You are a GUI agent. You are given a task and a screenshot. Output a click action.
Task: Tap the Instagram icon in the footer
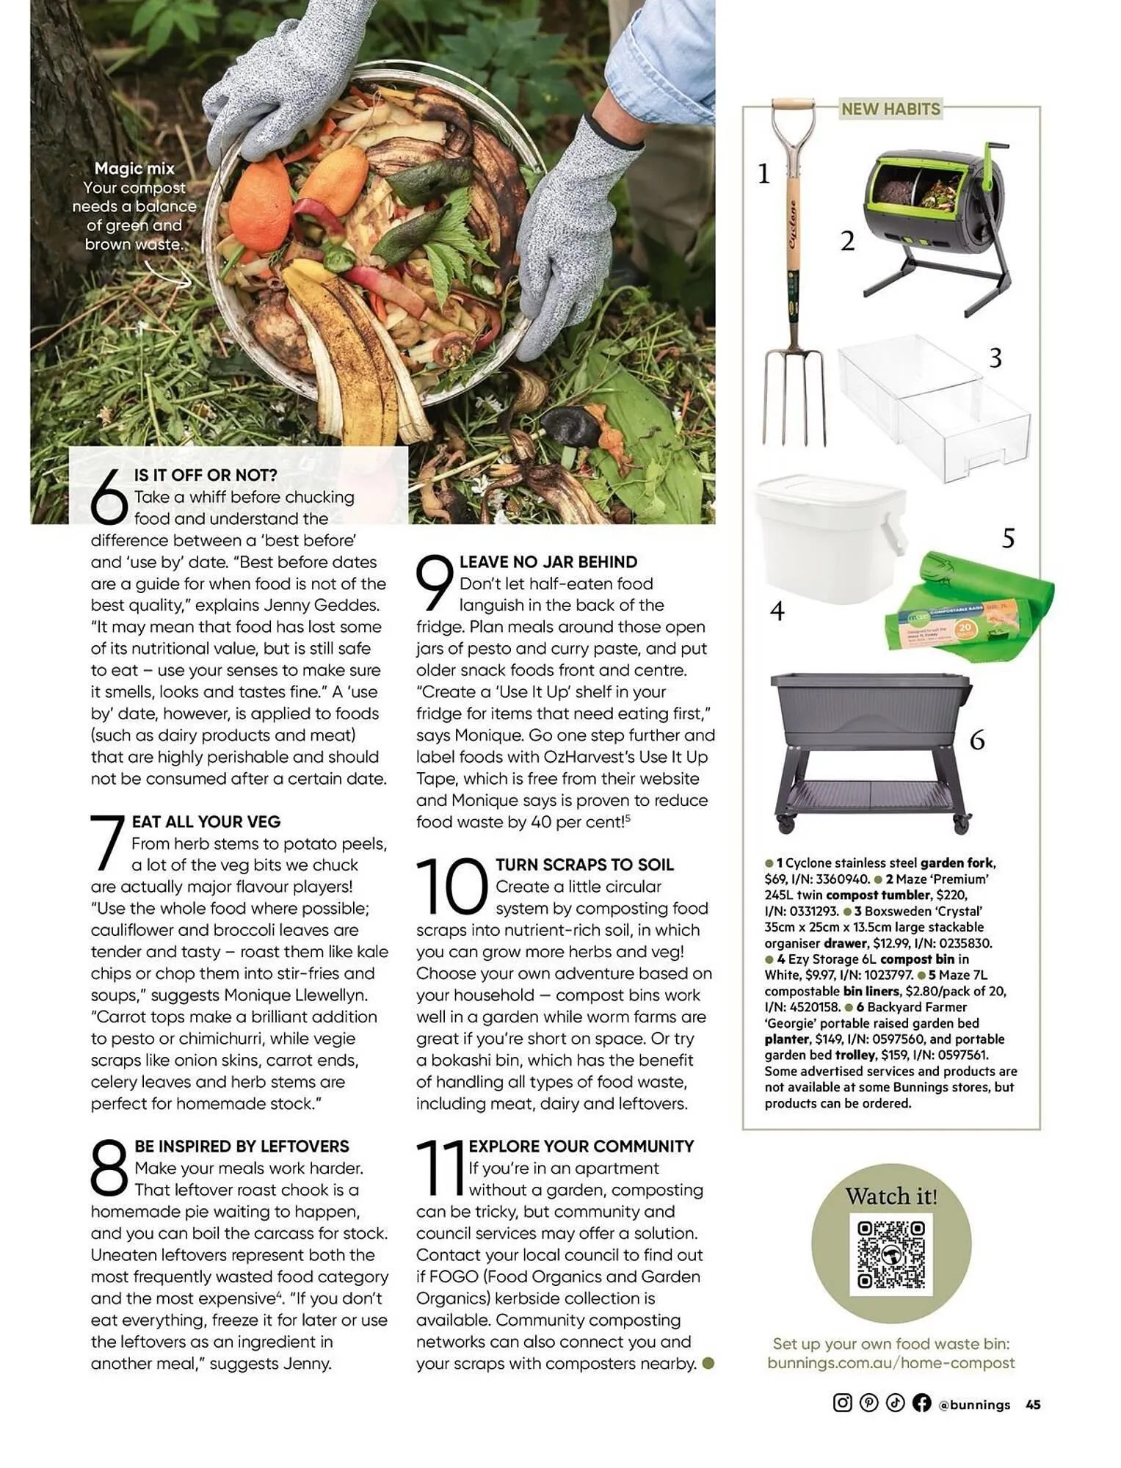coord(842,1403)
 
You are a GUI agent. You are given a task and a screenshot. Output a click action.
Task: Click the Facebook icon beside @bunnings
coord(921,1403)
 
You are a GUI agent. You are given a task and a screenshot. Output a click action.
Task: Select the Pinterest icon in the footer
coord(868,1403)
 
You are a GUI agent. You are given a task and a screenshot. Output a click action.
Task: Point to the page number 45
coord(1033,1404)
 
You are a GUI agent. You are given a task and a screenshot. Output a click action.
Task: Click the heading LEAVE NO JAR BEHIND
coord(548,562)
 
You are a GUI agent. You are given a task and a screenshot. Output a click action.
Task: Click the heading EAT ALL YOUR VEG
coord(206,821)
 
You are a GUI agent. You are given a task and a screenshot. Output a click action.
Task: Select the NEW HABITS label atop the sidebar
coord(890,109)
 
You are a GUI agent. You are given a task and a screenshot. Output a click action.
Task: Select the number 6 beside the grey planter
coord(976,740)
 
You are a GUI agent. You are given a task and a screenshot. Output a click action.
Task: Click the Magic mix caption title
coord(134,169)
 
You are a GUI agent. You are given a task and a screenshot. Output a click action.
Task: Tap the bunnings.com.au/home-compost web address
coord(890,1362)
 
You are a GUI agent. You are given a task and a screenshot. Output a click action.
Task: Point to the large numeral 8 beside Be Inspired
coord(109,1167)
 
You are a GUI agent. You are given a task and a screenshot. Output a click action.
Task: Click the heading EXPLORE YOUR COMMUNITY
coord(581,1146)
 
